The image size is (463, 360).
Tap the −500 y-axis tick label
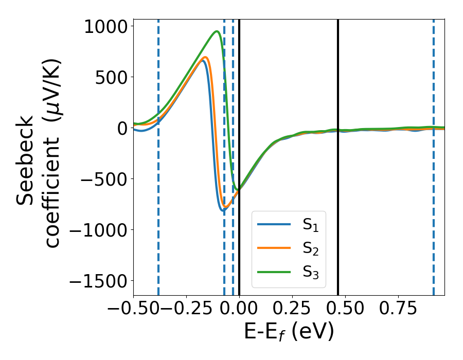(103, 179)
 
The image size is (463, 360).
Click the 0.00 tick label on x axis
(239, 309)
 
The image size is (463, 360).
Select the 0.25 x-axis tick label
(292, 309)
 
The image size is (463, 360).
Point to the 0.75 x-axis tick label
(398, 309)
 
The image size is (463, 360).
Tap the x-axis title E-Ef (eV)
(289, 332)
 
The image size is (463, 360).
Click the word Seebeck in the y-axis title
(26, 160)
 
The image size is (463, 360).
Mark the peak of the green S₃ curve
(217, 31)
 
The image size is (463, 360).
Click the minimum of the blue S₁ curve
(223, 210)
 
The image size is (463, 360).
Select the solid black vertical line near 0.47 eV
(338, 154)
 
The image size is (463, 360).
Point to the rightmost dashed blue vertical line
(433, 154)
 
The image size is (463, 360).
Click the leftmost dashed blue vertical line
(158, 154)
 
